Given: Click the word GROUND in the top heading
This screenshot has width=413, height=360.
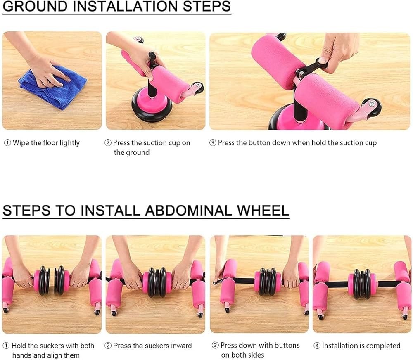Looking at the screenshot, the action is pyautogui.click(x=35, y=6).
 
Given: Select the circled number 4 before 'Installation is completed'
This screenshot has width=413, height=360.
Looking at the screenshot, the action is pyautogui.click(x=317, y=346).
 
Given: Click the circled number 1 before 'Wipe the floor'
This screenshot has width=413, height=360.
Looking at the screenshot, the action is pyautogui.click(x=7, y=143).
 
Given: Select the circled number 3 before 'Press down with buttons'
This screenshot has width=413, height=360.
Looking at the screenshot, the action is pyautogui.click(x=215, y=345).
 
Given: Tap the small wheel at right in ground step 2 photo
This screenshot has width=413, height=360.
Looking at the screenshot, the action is pyautogui.click(x=197, y=88).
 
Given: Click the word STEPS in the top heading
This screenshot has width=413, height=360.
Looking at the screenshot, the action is pyautogui.click(x=207, y=6).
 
